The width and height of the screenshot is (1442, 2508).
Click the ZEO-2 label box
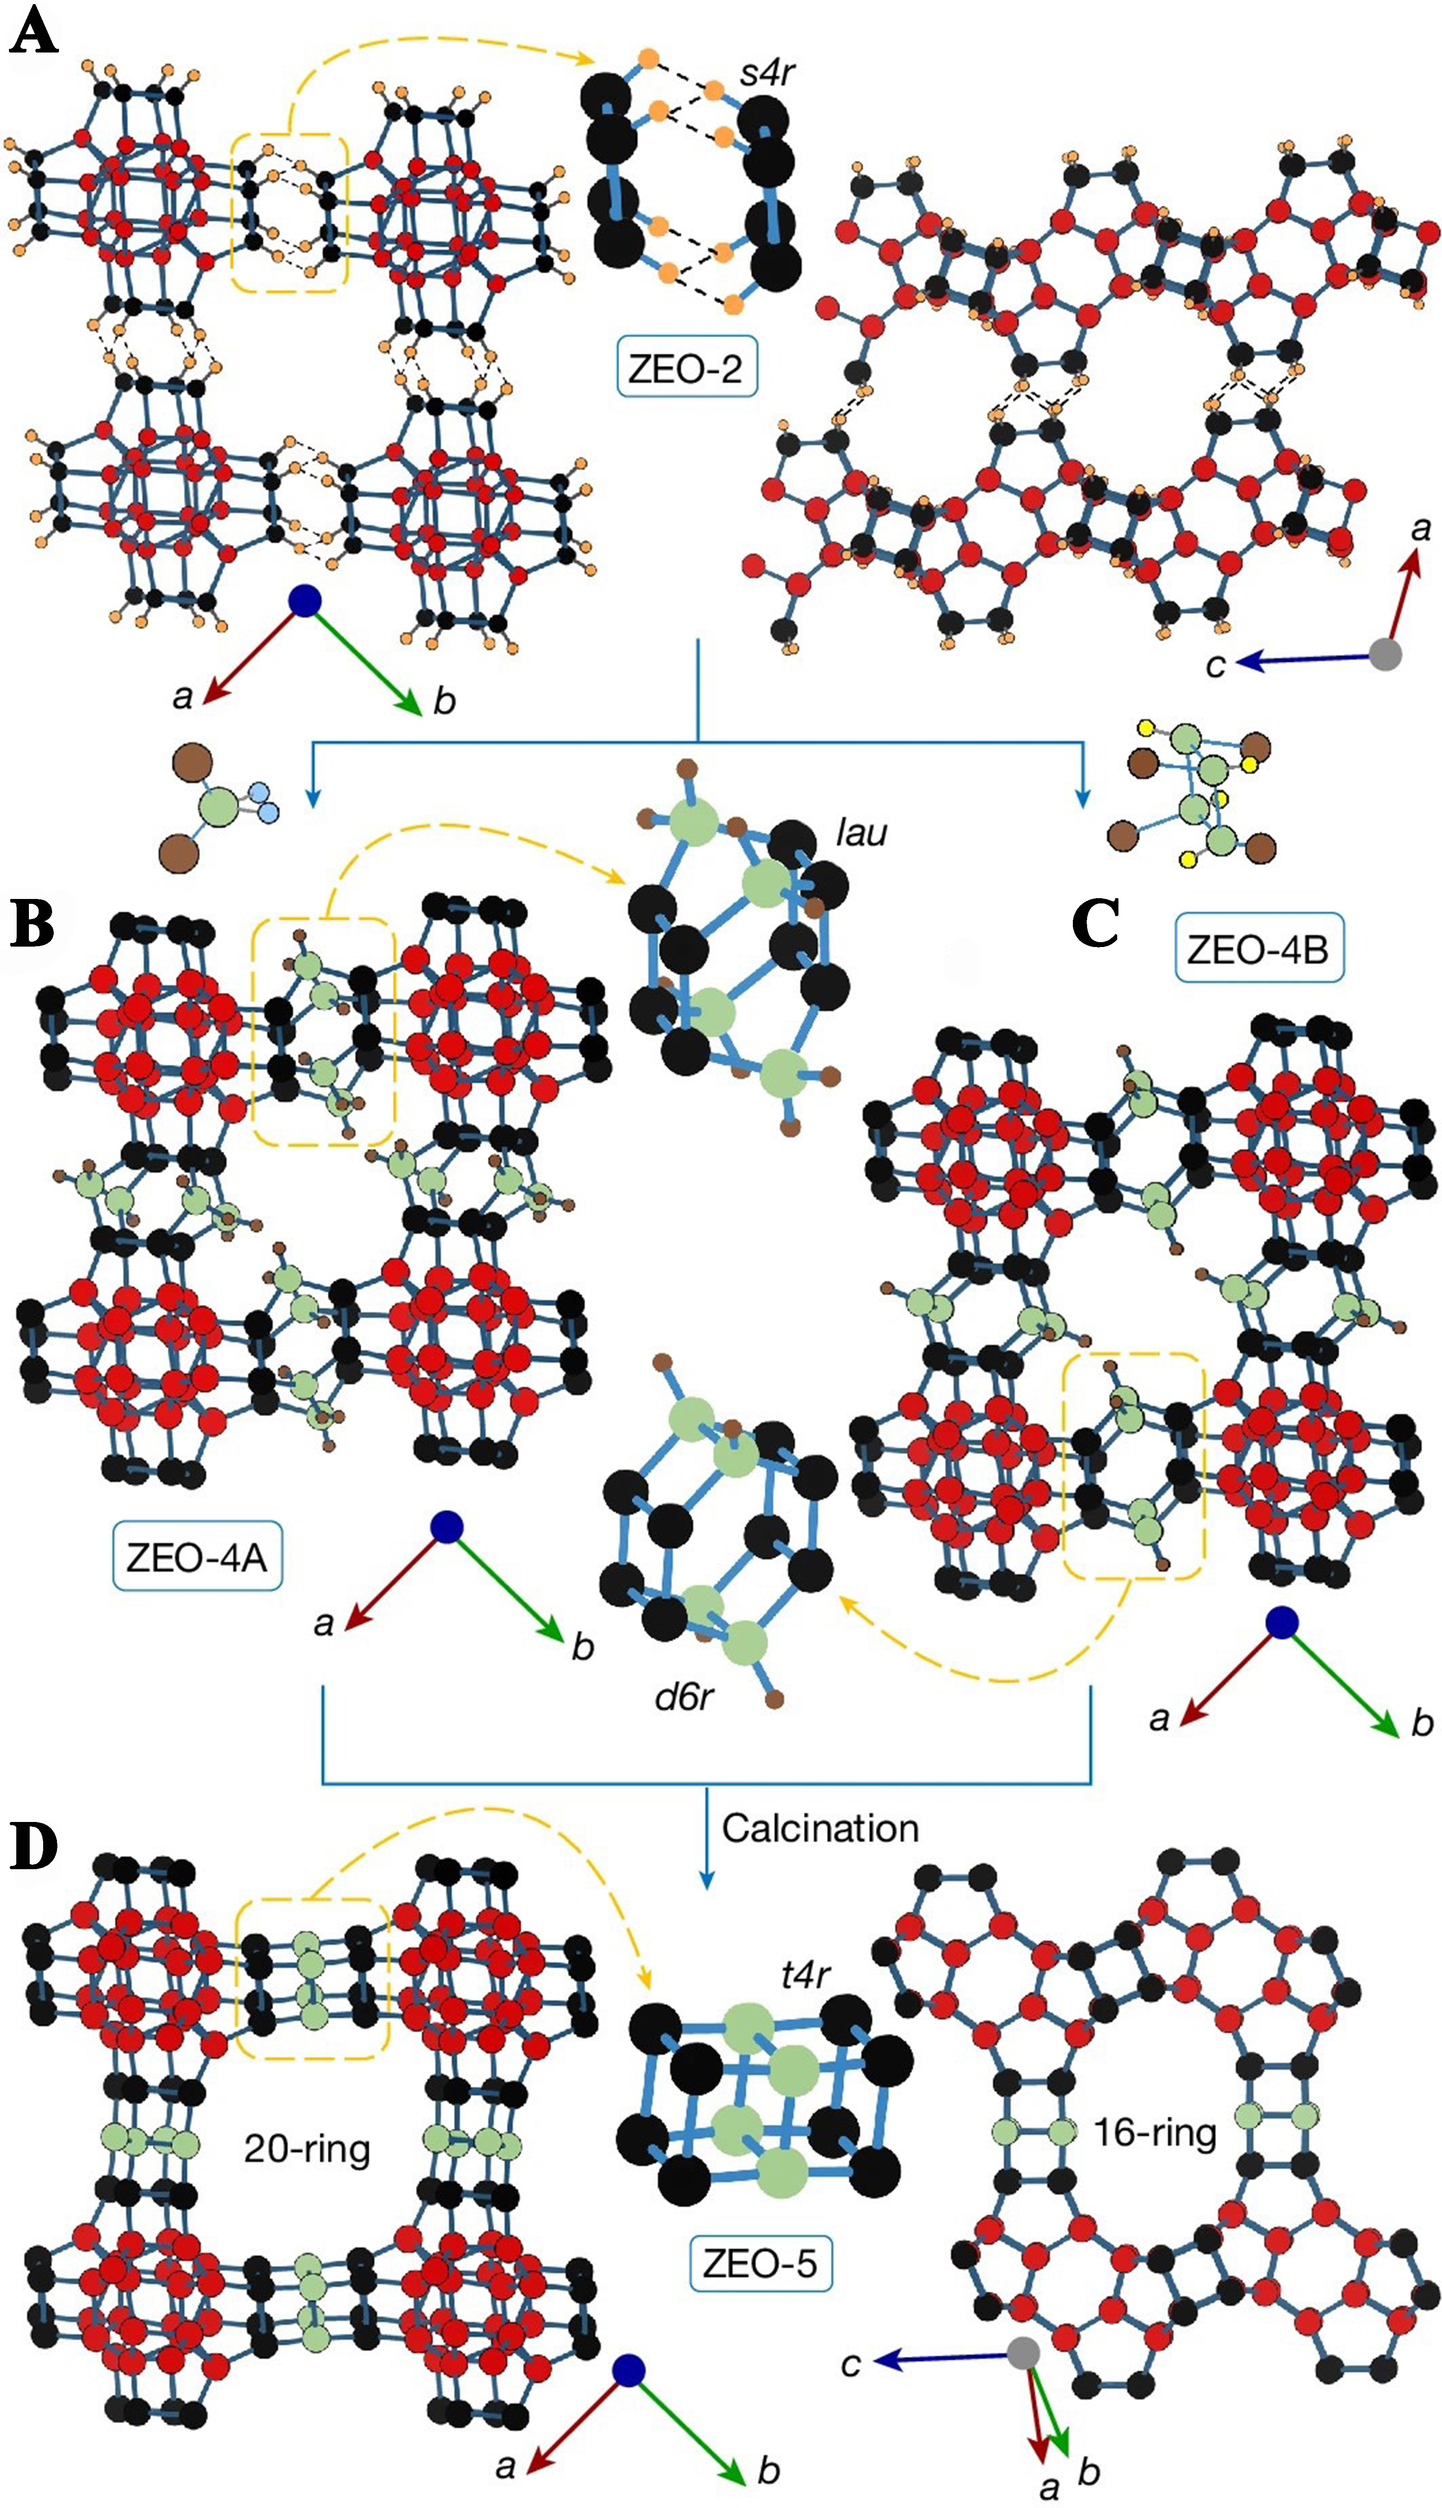coord(685,368)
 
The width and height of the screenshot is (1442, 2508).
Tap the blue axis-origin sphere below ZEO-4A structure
coord(446,1526)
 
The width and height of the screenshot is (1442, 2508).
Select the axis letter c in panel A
coord(1215,664)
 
